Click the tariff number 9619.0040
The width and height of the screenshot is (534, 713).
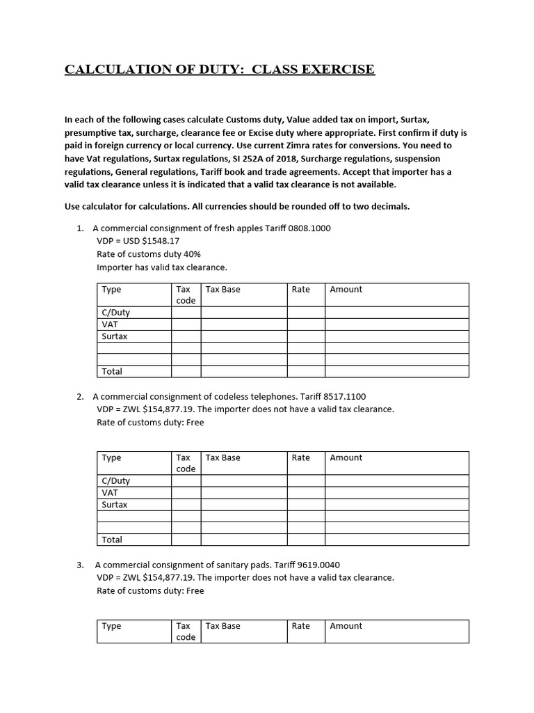click(316, 565)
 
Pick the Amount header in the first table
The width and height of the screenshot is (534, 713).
click(346, 289)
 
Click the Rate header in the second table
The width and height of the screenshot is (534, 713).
click(300, 457)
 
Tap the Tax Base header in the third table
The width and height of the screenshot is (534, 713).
click(222, 626)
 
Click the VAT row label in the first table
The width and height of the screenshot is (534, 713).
click(109, 324)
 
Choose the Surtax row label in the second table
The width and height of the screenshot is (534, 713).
click(115, 505)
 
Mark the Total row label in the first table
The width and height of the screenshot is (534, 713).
click(112, 372)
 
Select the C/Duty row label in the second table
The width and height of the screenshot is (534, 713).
click(116, 480)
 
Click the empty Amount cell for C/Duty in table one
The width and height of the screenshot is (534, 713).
click(396, 313)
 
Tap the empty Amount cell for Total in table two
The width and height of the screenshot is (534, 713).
click(396, 540)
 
